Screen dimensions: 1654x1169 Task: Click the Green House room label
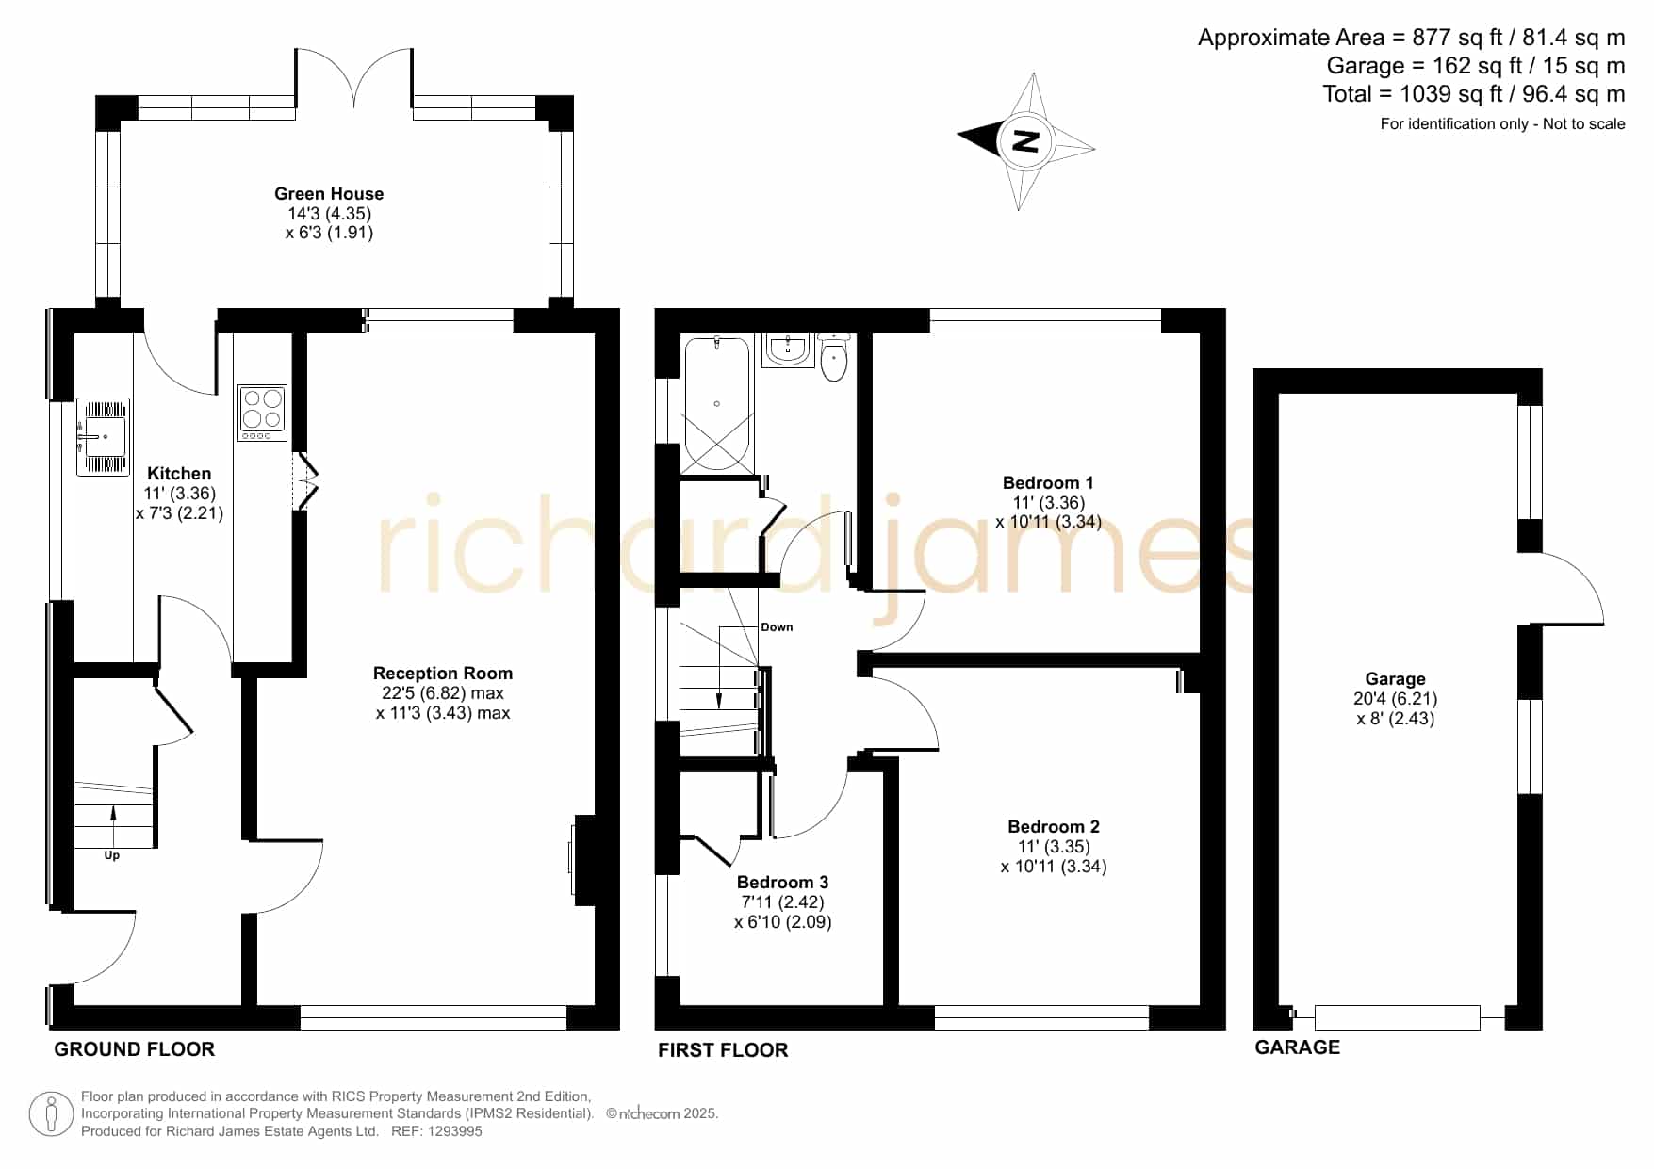tap(329, 194)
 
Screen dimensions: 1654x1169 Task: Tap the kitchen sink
tap(103, 436)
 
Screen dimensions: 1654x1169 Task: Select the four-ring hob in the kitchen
tap(262, 413)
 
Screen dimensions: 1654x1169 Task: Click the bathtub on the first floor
tap(717, 404)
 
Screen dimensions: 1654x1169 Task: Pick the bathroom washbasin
tap(787, 349)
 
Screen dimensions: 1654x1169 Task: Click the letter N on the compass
tap(1024, 140)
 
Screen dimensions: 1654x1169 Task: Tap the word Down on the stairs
tap(777, 627)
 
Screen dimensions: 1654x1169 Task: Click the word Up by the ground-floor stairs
tap(112, 856)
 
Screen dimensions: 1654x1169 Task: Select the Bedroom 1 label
tap(1048, 483)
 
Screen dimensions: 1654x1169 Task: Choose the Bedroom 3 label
tap(782, 883)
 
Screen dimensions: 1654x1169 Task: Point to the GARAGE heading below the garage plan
tap(1297, 1047)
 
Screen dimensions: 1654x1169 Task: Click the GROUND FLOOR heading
tap(135, 1049)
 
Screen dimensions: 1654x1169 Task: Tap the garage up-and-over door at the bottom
tap(1397, 1017)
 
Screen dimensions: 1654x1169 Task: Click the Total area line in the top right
tap(1474, 94)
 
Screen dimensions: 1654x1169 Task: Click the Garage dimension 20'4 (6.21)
tap(1396, 699)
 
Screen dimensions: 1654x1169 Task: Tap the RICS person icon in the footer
tap(52, 1114)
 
